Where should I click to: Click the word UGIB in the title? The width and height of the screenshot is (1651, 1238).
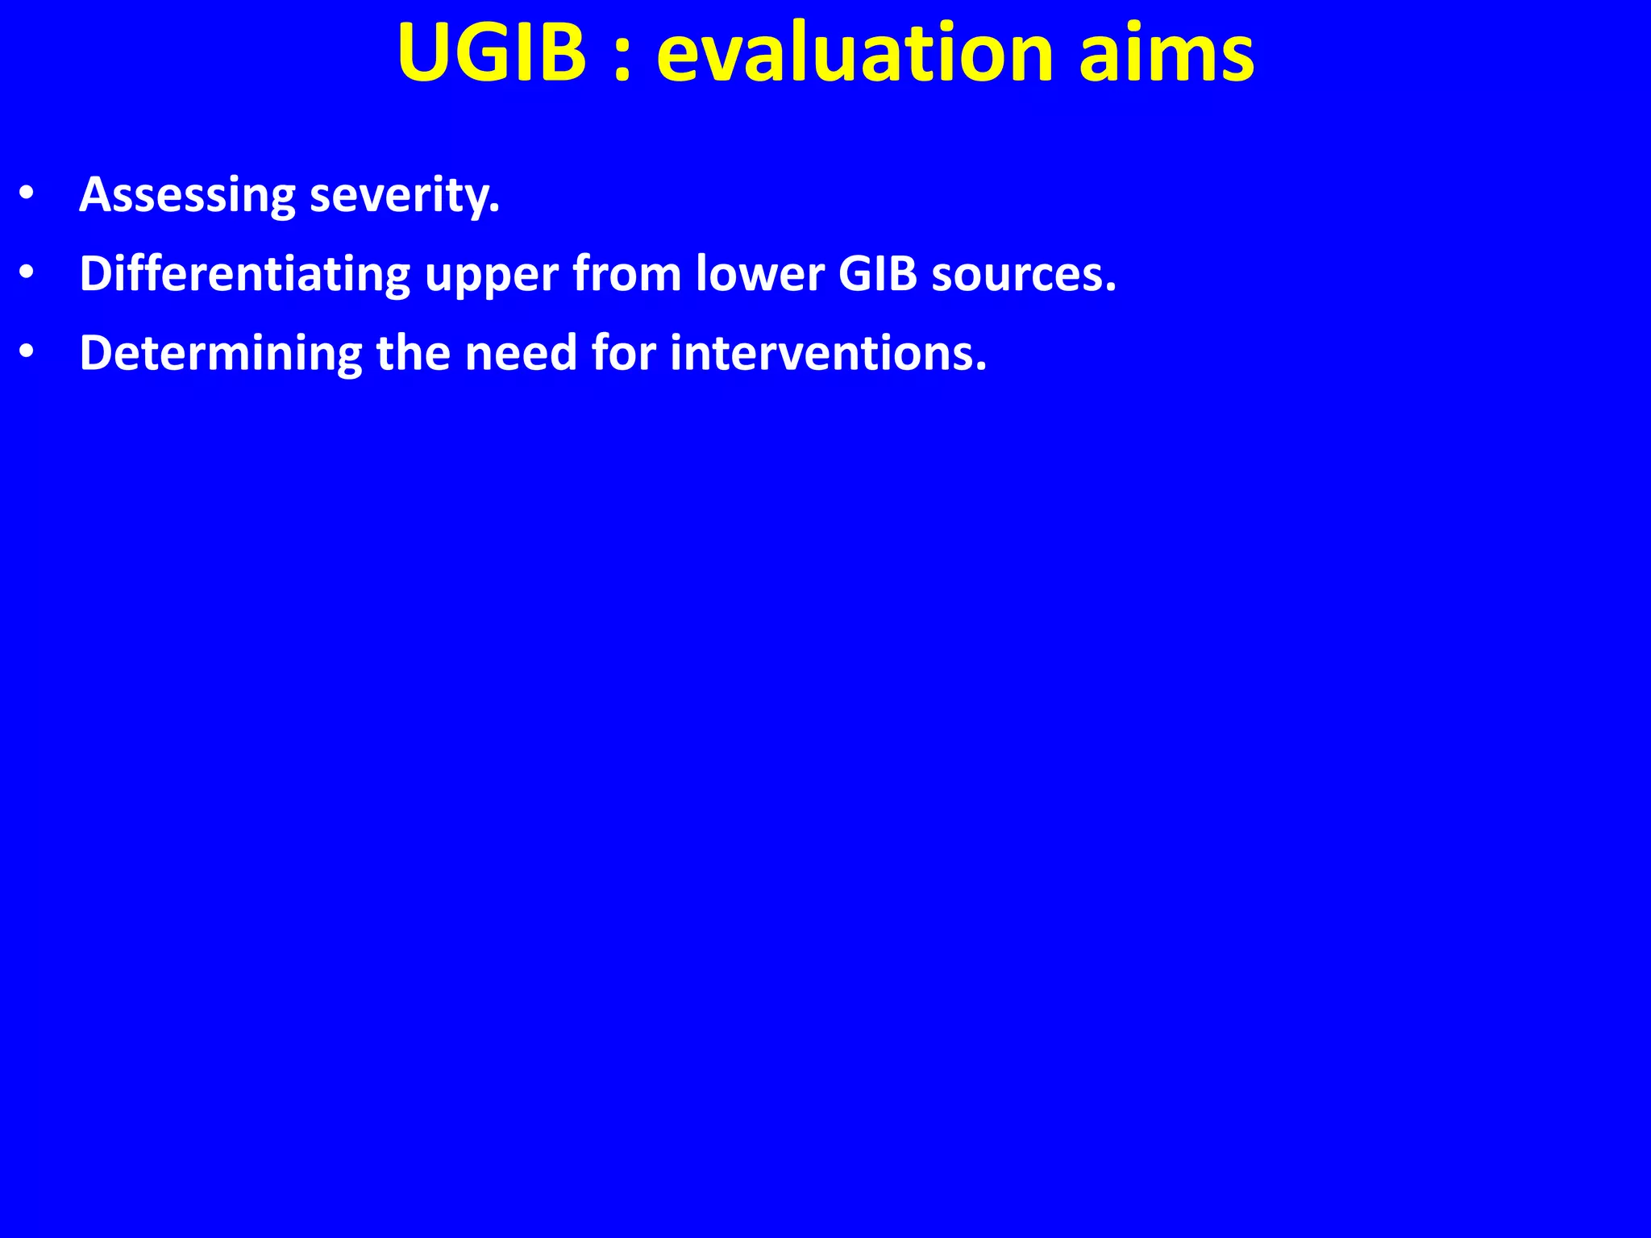click(491, 53)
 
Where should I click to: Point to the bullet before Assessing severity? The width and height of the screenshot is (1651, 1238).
click(27, 194)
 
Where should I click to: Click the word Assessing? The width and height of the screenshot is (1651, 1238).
click(187, 196)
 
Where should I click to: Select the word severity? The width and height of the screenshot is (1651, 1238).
click(405, 196)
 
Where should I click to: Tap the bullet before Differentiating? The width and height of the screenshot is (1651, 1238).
click(27, 274)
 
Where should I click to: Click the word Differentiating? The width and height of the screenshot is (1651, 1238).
click(244, 275)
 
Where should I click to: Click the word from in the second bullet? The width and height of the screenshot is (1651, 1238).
click(626, 275)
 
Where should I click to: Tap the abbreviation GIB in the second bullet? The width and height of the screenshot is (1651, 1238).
click(878, 275)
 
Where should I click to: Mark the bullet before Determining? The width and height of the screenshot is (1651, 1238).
click(27, 353)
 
